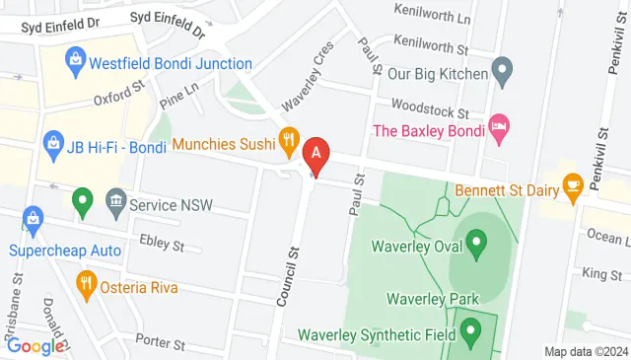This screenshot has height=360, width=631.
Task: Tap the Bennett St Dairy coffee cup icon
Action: [572, 184]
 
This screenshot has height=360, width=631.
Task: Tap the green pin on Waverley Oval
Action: [477, 241]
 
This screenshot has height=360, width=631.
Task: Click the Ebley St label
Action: [162, 243]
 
